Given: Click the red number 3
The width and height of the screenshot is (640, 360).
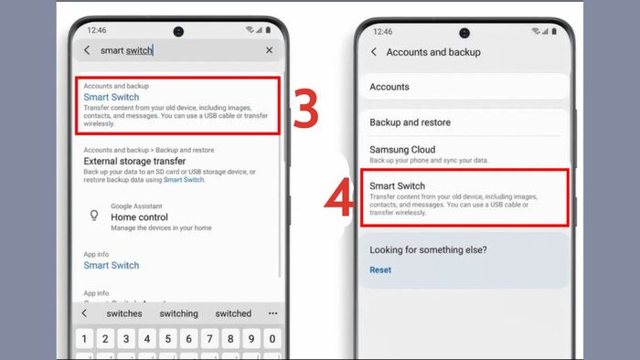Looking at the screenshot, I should point(306,108).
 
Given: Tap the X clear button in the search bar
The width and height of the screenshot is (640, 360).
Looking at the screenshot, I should point(269,50).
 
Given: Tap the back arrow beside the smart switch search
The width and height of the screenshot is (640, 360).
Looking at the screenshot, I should point(88,50).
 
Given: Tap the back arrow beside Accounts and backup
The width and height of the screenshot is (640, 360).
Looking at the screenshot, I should point(374,52).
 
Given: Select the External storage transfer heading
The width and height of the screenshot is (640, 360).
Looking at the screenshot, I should point(134,161).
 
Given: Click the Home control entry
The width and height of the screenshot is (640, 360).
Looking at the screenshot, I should point(139,217).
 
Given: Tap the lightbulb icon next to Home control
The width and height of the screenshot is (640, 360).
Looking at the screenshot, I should point(92,216).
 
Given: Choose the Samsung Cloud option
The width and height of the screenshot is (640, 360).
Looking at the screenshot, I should point(402,149).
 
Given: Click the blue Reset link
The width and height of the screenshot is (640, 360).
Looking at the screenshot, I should point(380,270).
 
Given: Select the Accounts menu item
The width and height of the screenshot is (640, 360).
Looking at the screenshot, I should point(389,87).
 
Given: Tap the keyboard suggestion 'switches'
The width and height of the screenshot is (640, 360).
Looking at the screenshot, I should point(124,313).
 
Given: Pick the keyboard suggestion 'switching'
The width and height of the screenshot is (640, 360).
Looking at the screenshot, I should point(178,313).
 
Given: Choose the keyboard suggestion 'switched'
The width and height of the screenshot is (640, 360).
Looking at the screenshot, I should point(233,313).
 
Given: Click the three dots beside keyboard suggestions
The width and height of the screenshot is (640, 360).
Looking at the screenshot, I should point(272,313).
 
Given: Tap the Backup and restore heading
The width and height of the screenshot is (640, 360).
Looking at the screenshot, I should point(410,122).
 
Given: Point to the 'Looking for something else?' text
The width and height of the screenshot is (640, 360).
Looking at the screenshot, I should point(428,249).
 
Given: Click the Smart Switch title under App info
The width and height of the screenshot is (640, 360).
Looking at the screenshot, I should point(112,265).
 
